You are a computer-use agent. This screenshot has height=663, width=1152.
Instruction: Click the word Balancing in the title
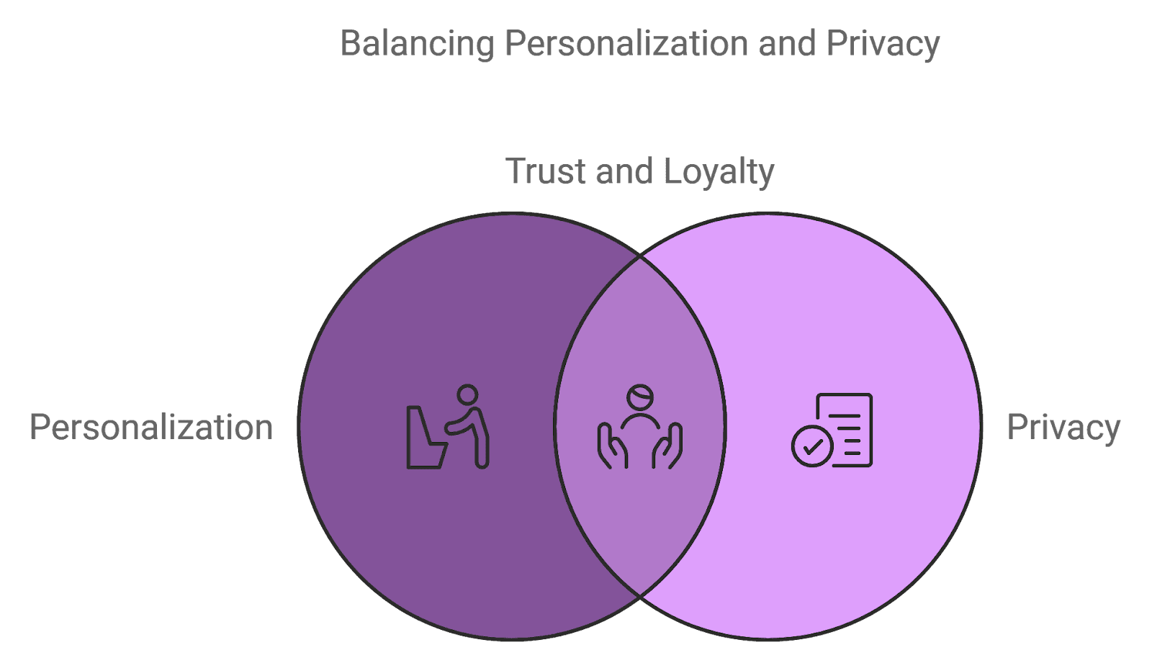pos(417,44)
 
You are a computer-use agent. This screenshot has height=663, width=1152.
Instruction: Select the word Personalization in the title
pos(626,44)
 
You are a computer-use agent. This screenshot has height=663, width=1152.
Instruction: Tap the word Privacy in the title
pos(882,44)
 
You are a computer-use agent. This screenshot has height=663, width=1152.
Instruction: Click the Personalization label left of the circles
pos(151,428)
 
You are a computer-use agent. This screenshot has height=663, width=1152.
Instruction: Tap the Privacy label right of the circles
pos(1063,428)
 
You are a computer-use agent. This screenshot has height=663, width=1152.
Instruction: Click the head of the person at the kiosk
pos(467,395)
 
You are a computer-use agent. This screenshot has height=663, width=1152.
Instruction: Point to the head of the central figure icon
pos(639,397)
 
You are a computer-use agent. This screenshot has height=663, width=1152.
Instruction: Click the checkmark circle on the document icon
pos(812,446)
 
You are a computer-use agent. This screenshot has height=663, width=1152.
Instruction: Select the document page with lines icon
pos(846,425)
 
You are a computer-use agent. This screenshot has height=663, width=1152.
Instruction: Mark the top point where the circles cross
pos(639,256)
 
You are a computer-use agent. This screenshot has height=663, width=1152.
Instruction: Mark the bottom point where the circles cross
pos(639,596)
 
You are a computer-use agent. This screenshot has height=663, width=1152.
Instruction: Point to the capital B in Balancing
pos(351,43)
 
